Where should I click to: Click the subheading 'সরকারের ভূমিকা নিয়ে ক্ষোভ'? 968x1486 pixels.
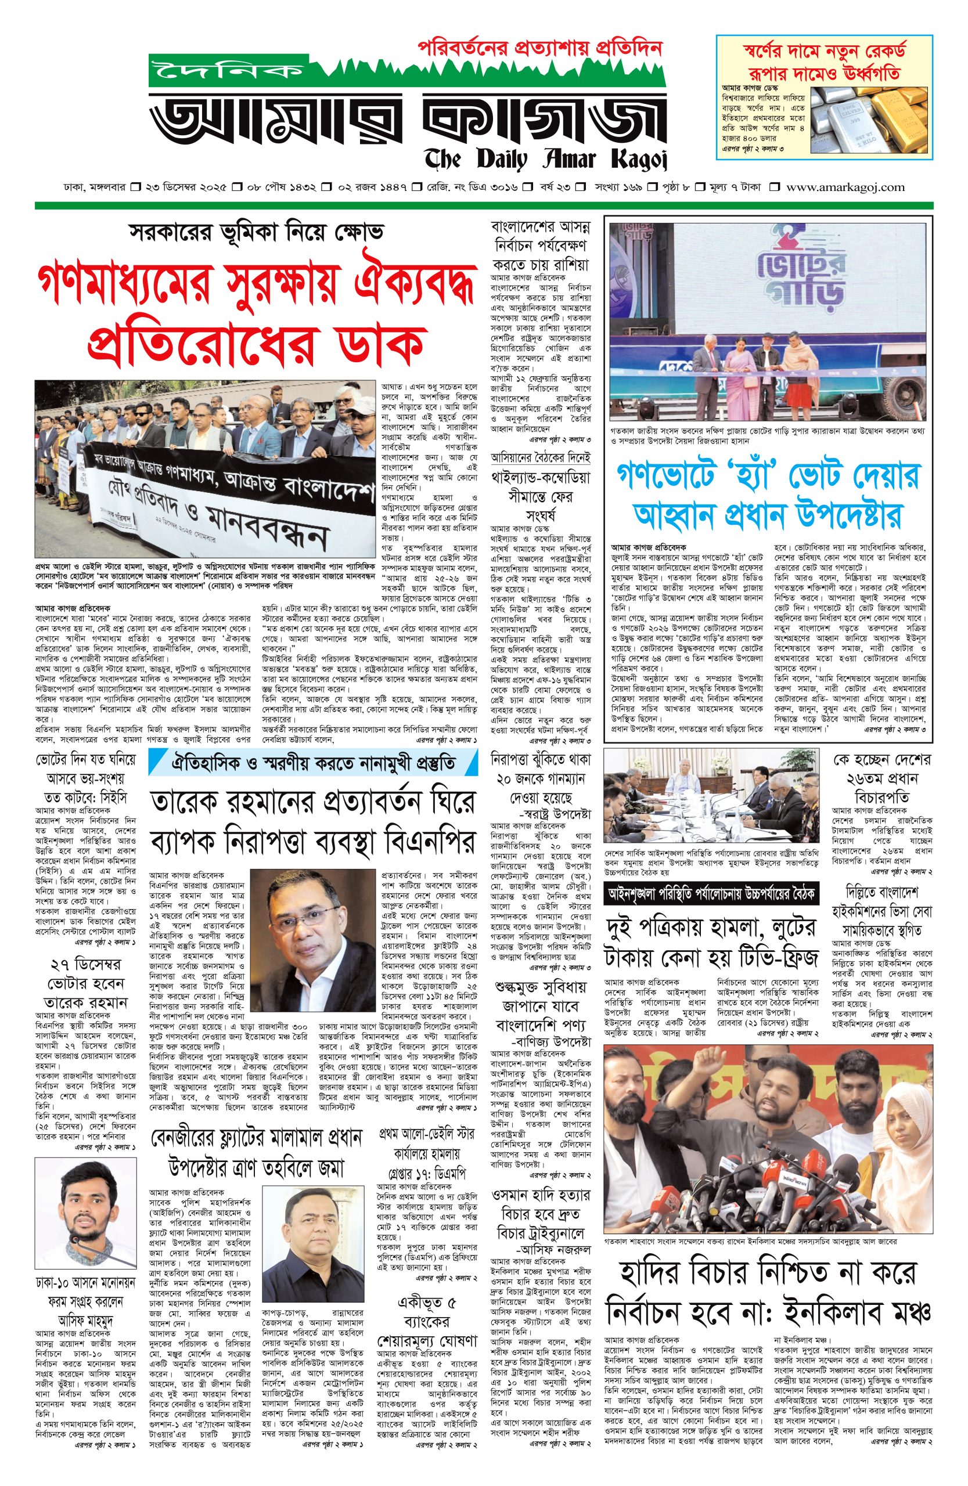pyautogui.click(x=256, y=232)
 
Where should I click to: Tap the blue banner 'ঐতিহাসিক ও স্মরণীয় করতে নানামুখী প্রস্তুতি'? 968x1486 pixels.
pyautogui.click(x=313, y=762)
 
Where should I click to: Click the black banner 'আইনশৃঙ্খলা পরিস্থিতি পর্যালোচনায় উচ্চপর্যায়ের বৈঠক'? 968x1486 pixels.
pyautogui.click(x=711, y=893)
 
